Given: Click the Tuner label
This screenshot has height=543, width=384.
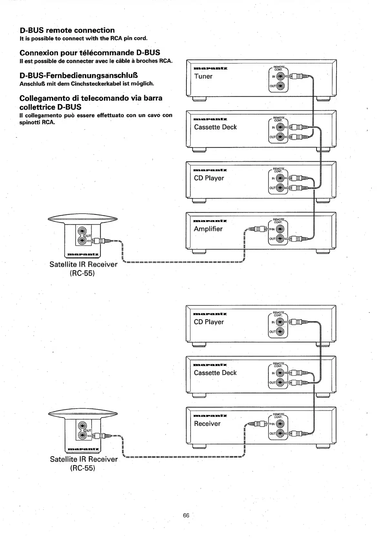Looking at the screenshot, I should coord(203,77).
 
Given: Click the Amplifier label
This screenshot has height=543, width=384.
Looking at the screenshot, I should coord(208,229).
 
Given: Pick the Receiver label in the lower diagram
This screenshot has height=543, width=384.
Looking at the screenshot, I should coord(207,424).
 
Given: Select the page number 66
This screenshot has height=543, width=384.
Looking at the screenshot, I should coord(186,516).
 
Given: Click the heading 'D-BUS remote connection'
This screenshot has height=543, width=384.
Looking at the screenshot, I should coord(67,30).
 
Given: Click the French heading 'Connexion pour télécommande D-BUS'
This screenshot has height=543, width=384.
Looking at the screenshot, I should coord(90,53).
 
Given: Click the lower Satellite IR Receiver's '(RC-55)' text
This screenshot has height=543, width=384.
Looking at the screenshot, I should coord(83,468).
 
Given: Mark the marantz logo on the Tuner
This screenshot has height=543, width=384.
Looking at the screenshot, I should coord(210,69).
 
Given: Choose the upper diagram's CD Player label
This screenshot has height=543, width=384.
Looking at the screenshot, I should coord(209,178).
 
